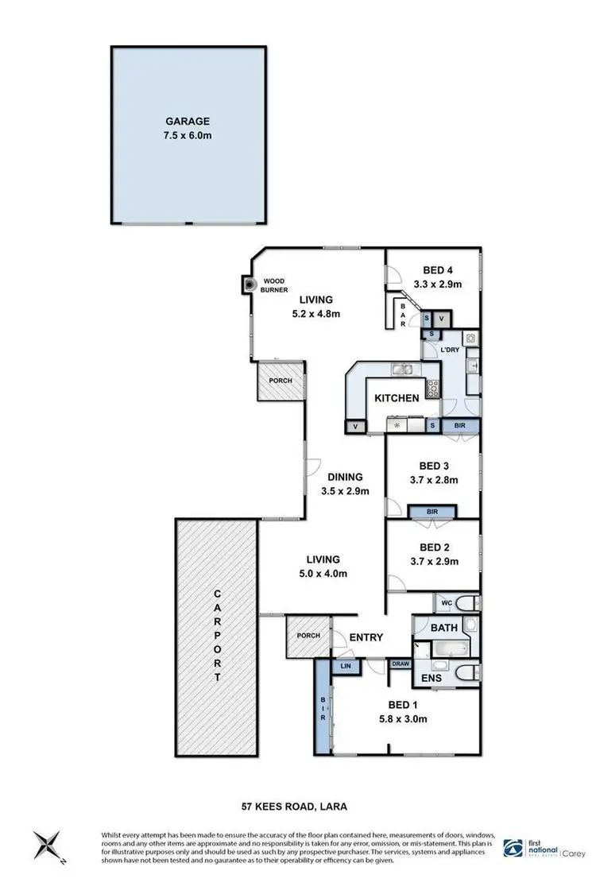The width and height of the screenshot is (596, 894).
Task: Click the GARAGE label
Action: [188, 122]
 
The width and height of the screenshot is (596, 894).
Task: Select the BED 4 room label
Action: [433, 269]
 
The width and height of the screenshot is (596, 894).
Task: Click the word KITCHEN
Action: [397, 397]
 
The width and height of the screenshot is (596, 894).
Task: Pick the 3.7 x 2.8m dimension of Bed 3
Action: [435, 479]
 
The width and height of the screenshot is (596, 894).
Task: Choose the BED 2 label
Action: [435, 547]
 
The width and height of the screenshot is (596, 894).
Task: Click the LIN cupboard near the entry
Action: [346, 667]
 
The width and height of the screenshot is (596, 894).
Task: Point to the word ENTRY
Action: [367, 637]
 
